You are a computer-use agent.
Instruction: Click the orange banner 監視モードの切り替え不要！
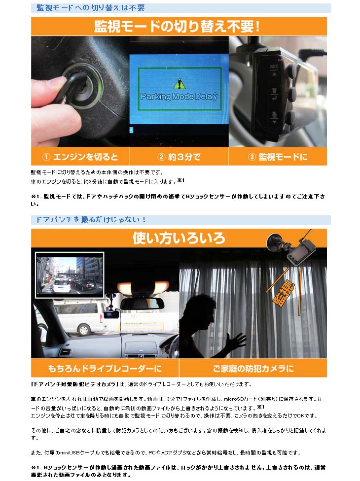pyautogui.click(x=179, y=27)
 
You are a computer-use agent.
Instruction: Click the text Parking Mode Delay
pyautogui.click(x=179, y=97)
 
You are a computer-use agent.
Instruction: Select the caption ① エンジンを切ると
pyautogui.click(x=80, y=157)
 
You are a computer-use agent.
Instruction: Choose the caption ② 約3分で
pyautogui.click(x=179, y=157)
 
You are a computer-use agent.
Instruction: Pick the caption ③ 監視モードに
pyautogui.click(x=277, y=157)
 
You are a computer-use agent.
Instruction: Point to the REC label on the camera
pyautogui.click(x=274, y=65)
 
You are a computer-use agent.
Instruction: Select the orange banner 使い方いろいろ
pyautogui.click(x=179, y=239)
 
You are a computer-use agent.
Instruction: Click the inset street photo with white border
pyautogui.click(x=69, y=275)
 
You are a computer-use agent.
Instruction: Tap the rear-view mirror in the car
pyautogui.click(x=142, y=302)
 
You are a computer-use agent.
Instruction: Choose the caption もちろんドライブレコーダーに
pyautogui.click(x=105, y=368)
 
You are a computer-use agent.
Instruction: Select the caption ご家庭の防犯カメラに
pyautogui.click(x=252, y=368)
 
